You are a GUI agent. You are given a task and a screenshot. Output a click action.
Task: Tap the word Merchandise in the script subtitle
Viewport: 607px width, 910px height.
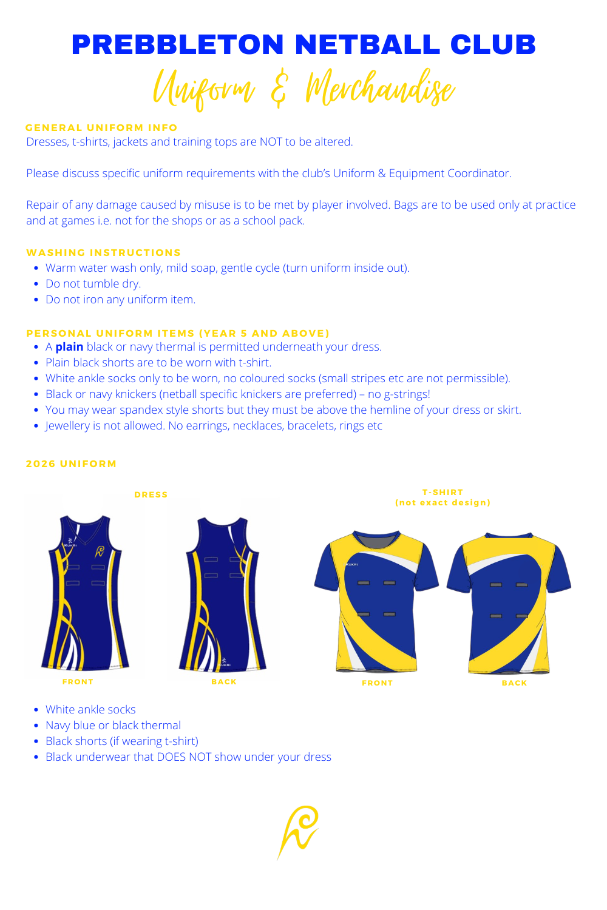tap(379, 90)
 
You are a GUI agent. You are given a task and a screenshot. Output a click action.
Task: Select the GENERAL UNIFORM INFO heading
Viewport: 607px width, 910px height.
tap(101, 127)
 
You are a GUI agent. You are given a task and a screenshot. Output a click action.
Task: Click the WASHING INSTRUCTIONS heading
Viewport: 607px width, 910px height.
tap(103, 252)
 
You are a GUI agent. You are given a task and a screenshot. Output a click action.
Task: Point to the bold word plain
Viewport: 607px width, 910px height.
tap(69, 347)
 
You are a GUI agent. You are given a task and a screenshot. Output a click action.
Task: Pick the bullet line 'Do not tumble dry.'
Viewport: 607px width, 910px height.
tap(93, 284)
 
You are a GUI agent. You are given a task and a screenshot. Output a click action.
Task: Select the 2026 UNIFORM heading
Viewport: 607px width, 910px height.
tap(71, 463)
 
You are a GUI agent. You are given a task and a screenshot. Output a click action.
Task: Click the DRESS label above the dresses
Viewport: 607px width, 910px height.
tap(151, 494)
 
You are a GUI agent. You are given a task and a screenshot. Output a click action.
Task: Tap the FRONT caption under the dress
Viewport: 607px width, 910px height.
tap(78, 682)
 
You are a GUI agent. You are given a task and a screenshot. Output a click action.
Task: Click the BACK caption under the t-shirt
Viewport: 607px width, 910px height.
tap(514, 683)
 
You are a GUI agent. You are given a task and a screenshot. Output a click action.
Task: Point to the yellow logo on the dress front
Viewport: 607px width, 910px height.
tap(100, 551)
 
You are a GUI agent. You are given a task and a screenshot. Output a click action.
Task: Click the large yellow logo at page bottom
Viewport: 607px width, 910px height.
tap(299, 831)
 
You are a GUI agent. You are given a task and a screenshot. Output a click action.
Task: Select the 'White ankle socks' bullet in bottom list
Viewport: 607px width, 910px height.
tap(90, 710)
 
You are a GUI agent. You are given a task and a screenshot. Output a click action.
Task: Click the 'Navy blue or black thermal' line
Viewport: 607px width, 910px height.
tap(113, 726)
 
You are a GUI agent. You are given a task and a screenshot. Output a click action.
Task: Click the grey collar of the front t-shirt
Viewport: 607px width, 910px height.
tap(376, 539)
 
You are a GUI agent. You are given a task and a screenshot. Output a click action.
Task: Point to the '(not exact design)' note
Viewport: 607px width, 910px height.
tap(443, 502)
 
